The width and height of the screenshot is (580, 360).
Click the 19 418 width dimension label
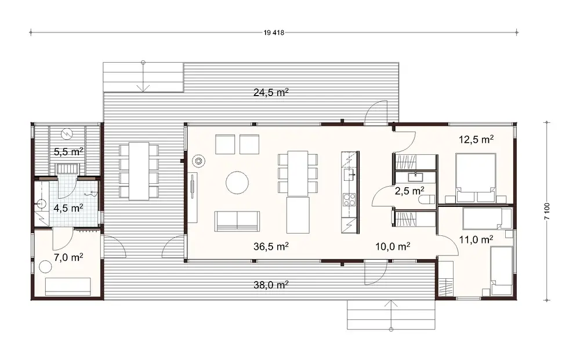[273, 32]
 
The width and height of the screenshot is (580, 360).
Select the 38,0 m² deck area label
[271, 285]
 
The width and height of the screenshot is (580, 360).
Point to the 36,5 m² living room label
[271, 246]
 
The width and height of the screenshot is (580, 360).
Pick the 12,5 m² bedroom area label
[476, 139]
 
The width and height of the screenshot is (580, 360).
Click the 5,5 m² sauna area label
[68, 152]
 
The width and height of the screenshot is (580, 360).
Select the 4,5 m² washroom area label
[68, 207]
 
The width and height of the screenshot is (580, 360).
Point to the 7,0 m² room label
[67, 257]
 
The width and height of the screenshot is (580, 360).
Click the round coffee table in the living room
[237, 182]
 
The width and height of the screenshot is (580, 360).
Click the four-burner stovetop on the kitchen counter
[350, 200]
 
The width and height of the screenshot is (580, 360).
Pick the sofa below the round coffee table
[237, 221]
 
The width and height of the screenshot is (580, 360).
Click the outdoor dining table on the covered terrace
[139, 170]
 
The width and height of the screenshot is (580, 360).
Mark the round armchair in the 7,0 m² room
[45, 267]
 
